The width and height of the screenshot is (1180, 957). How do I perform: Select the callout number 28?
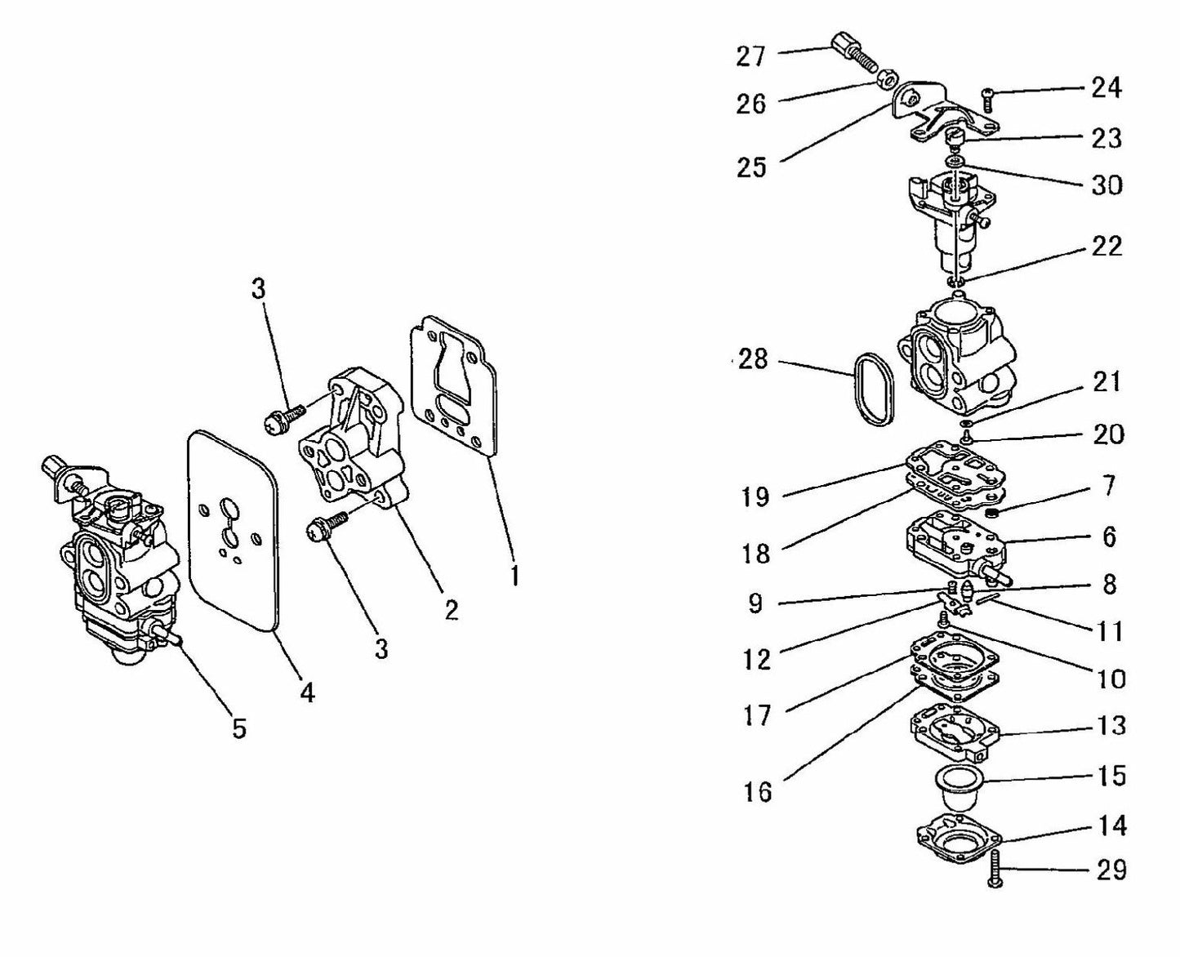coord(752,358)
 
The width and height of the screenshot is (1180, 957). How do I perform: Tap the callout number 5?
coord(238,728)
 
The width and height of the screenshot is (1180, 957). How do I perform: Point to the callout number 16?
coord(757,790)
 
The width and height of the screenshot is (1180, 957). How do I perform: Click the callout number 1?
coord(514,576)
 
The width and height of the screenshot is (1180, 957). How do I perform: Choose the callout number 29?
coord(1111,870)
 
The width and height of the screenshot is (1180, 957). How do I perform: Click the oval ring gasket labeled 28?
coord(872,389)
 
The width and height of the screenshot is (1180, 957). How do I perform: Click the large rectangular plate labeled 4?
coord(233,531)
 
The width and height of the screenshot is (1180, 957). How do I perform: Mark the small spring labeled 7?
coord(991,513)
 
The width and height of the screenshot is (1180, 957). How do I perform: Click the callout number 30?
coord(1107,185)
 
